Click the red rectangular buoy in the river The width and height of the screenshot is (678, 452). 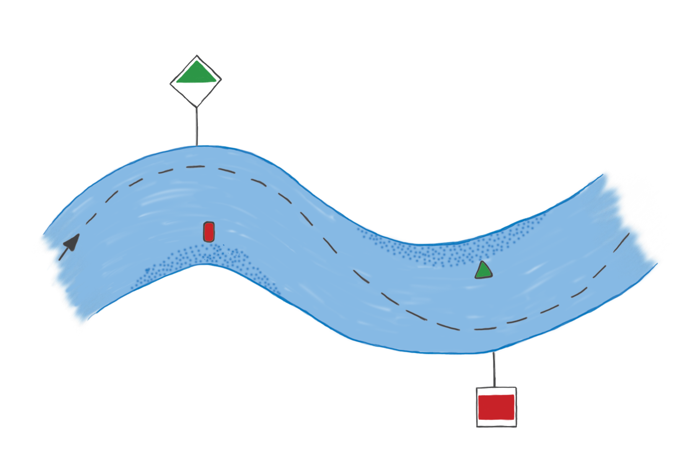pos(209,232)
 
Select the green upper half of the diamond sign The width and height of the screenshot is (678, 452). pos(196,74)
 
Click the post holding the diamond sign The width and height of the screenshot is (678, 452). pos(197,126)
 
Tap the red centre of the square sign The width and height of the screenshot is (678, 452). pos(496,407)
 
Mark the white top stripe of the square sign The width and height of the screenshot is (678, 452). pos(496,391)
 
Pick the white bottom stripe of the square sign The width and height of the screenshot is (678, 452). pos(496,424)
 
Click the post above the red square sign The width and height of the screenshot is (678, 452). pos(494,369)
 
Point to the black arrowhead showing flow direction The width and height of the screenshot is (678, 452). pos(73,242)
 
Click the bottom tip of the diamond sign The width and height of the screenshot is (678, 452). pos(197,106)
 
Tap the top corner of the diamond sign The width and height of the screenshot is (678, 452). pos(197,56)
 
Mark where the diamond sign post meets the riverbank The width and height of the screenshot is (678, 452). pos(197,145)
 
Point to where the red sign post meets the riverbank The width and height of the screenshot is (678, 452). pos(494,352)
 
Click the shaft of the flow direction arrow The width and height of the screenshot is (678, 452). pos(63,254)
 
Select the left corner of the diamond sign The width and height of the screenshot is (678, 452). pos(171,82)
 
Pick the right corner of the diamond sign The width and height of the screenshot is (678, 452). pos(221,80)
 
